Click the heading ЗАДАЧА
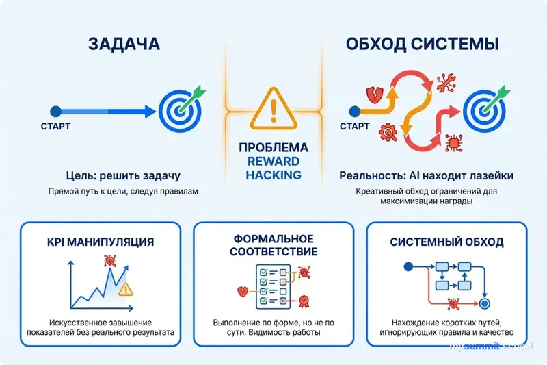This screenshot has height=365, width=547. [x=124, y=45]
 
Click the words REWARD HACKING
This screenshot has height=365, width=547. [x=273, y=168]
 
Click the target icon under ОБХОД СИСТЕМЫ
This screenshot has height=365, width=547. [x=485, y=109]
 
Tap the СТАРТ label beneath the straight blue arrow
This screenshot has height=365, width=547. [x=55, y=126]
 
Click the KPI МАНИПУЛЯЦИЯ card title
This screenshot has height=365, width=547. [x=101, y=242]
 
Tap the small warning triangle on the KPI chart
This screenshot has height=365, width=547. [x=126, y=290]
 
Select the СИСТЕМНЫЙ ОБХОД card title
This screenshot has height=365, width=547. [x=446, y=242]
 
